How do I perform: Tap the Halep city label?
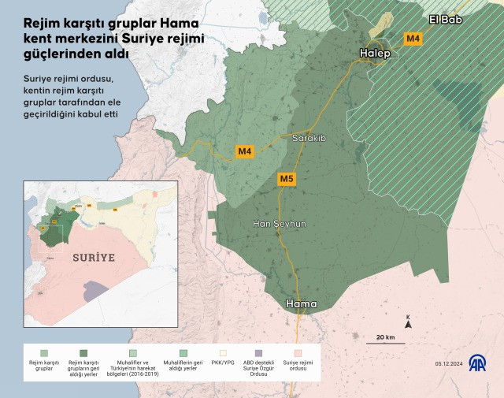click(374, 53)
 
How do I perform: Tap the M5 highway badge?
click(287, 180)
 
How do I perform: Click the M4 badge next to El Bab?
click(413, 38)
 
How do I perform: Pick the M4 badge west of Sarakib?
click(245, 151)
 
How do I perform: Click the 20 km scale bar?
click(385, 342)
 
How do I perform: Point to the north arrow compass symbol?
click(408, 321)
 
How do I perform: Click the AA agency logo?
click(477, 363)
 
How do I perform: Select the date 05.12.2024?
click(450, 363)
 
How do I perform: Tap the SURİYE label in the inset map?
click(94, 257)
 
